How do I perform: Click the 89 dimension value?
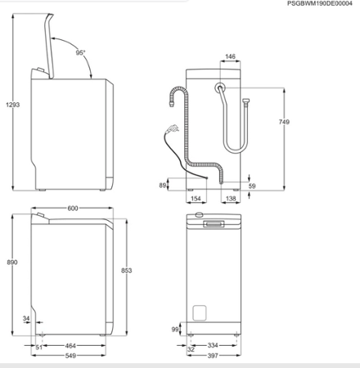[164, 186]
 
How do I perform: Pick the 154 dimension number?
[195, 199]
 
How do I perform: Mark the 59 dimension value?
[252, 186]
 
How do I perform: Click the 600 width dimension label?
[72, 209]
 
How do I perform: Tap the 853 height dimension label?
[125, 271]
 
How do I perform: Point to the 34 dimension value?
[27, 318]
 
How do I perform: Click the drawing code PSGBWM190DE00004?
[322, 4]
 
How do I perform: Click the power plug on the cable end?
[173, 128]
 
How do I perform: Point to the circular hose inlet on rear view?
[222, 88]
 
